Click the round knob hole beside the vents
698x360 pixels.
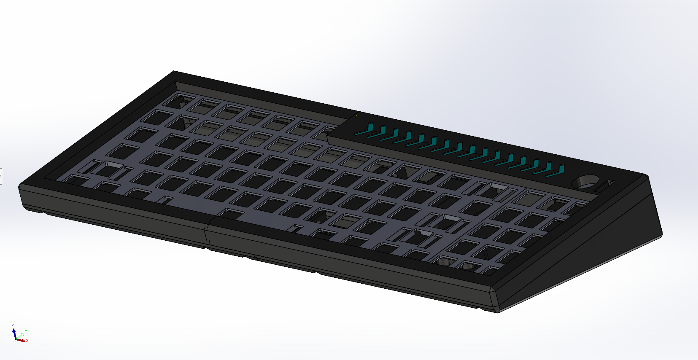pos(585,182)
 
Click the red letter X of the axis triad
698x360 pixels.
pos(27,341)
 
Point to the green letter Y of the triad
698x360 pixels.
pos(26,331)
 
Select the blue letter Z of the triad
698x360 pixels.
pos(13,325)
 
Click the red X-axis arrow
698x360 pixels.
pos(21,340)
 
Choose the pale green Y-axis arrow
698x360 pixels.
pos(19,336)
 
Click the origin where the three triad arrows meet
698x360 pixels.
pos(16,339)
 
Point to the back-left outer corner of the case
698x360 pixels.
pos(174,71)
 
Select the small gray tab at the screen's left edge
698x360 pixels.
pos(1,176)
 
